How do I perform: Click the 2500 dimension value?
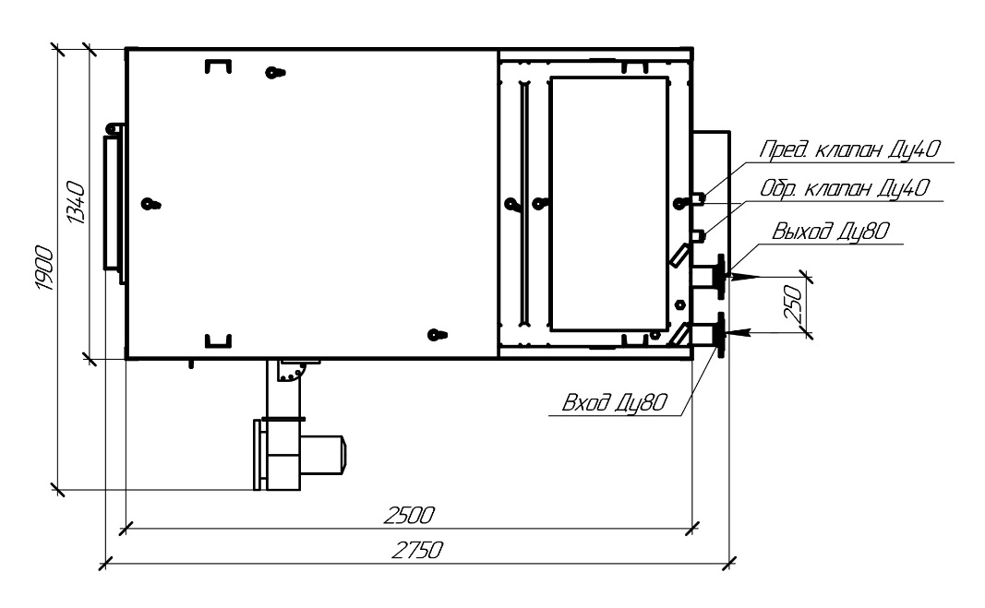(x=409, y=515)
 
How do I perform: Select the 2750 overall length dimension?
(x=418, y=550)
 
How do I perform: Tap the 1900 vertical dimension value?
(x=44, y=268)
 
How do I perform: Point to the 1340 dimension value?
(x=76, y=202)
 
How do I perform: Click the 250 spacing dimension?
(x=794, y=304)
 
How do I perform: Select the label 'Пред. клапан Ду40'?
(x=850, y=149)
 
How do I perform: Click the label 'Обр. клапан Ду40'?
(x=845, y=188)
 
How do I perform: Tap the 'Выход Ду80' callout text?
(x=831, y=231)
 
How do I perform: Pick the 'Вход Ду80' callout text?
(x=614, y=402)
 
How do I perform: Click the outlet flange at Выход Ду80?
(x=720, y=277)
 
